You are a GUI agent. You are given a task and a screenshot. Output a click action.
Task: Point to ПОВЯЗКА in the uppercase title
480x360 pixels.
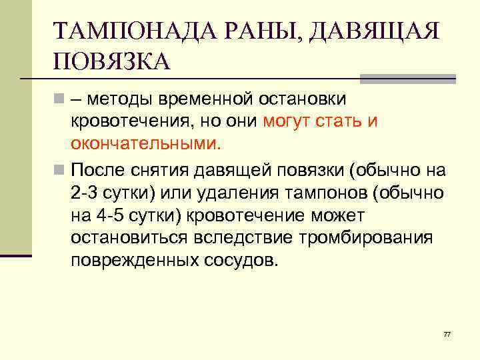tap(112, 63)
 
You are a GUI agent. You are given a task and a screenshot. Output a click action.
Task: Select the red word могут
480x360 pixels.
tap(289, 122)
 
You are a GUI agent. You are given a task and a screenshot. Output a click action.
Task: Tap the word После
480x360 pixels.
tap(98, 169)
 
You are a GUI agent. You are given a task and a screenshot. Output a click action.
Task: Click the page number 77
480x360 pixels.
tap(447, 333)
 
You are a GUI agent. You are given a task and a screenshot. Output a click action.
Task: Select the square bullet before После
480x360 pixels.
tap(60, 169)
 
